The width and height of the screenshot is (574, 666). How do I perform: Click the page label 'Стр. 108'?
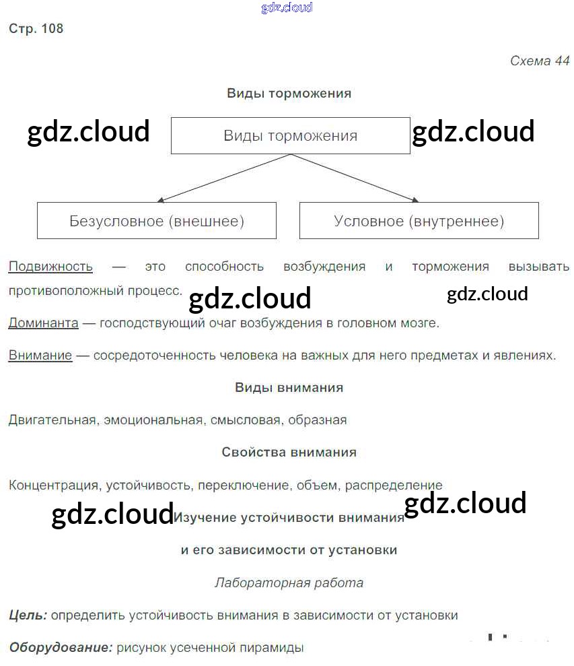(x=36, y=29)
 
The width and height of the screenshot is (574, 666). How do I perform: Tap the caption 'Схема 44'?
(x=540, y=61)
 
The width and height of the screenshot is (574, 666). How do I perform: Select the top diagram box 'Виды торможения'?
(x=290, y=135)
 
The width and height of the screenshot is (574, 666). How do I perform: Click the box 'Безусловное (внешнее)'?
(x=156, y=221)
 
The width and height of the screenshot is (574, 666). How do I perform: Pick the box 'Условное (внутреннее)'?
(x=419, y=221)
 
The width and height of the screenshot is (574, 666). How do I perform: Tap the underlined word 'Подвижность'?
(x=50, y=267)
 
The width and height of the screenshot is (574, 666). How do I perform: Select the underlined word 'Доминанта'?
(x=44, y=323)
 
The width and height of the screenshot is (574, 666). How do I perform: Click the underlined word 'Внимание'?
(x=40, y=356)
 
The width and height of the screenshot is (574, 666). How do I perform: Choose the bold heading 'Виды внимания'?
(x=289, y=388)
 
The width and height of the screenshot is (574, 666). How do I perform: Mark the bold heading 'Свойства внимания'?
(x=289, y=453)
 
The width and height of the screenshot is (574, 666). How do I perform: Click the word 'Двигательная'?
(x=52, y=420)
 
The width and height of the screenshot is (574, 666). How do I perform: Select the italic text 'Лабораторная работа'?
(x=289, y=583)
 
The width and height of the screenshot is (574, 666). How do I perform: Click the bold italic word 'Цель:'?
(x=28, y=615)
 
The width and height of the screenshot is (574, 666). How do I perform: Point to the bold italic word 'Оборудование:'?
(x=61, y=648)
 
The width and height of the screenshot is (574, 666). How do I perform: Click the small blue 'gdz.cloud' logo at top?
(x=287, y=8)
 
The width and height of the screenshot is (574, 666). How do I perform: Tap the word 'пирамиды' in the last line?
(x=275, y=648)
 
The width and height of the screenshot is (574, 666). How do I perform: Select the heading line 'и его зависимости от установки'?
(x=289, y=550)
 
